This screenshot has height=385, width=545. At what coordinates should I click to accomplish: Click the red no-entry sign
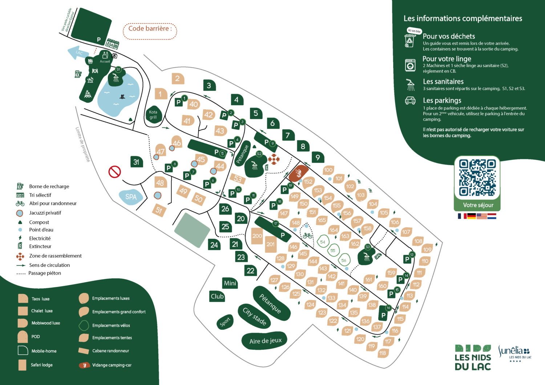[115, 171]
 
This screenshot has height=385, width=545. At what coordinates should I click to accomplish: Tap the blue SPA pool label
[131, 197]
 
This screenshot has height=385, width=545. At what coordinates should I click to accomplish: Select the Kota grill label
[153, 115]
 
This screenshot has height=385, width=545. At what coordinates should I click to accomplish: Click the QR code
[477, 178]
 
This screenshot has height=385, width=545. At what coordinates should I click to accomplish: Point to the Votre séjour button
[478, 205]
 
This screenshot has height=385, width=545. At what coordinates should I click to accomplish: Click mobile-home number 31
[136, 162]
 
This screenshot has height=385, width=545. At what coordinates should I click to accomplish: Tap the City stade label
[255, 316]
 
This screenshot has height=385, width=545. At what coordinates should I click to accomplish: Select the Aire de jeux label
[265, 341]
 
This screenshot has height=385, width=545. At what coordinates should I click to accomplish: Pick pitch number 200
[257, 236]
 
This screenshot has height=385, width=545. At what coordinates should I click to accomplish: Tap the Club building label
[217, 296]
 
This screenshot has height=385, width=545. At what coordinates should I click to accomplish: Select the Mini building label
[230, 283]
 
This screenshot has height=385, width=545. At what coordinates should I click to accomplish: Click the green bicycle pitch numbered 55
[333, 250]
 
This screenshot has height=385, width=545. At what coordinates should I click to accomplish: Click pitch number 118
[383, 353]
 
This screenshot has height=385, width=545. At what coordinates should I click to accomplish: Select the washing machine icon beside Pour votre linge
[410, 65]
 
